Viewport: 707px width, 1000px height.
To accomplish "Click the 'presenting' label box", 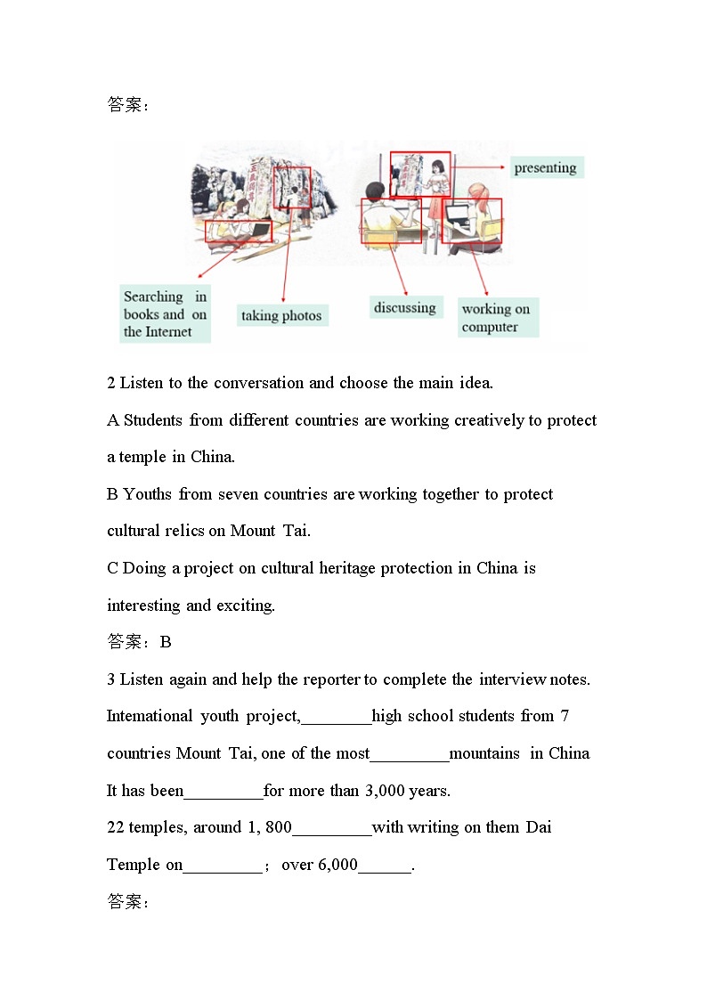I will point(545,167).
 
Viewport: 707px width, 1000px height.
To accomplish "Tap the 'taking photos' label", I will point(281,315).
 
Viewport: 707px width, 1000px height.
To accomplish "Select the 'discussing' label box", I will point(404,307).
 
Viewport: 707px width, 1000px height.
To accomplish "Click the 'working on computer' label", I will point(497,318).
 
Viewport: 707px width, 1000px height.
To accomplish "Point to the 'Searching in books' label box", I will point(165,314).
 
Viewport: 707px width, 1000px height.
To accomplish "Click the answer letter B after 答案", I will point(166,642).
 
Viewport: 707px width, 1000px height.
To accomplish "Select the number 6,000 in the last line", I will point(337,865).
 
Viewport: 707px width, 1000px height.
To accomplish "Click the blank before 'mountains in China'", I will point(409,754).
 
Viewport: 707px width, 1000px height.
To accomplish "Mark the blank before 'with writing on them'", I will point(331,828).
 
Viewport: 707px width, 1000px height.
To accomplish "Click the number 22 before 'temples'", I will point(116,827).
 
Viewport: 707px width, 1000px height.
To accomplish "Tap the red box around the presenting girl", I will point(420,174).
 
